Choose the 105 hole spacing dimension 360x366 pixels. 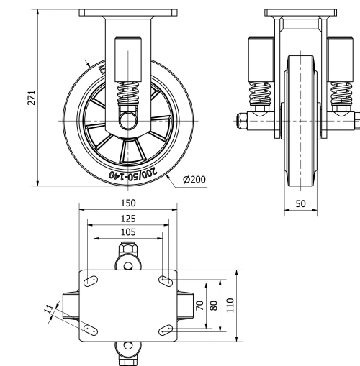(127, 232)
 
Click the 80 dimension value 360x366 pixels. (213, 305)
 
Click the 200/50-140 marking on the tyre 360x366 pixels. (130, 172)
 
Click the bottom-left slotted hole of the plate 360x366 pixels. (91, 330)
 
